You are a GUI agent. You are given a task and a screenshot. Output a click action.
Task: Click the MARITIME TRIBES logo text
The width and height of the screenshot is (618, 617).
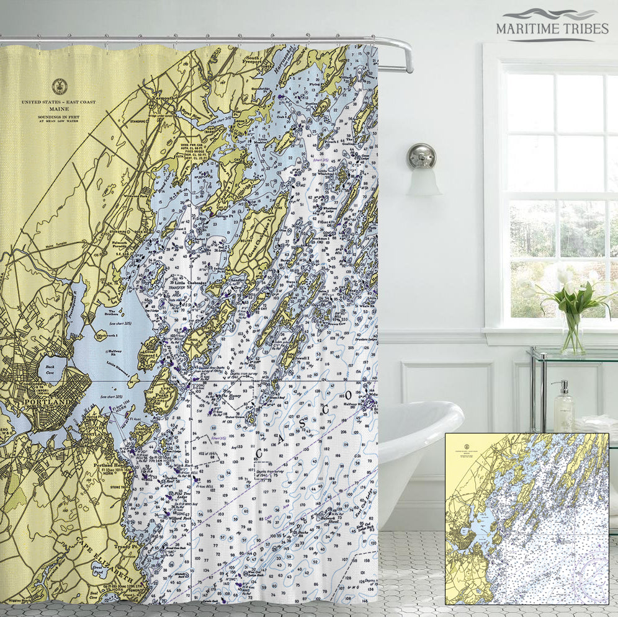(552, 28)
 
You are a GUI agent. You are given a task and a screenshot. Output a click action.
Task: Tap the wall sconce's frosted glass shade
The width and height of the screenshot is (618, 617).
(423, 180)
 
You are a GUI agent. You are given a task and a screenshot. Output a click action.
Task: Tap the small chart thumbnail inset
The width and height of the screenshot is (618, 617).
(527, 518)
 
